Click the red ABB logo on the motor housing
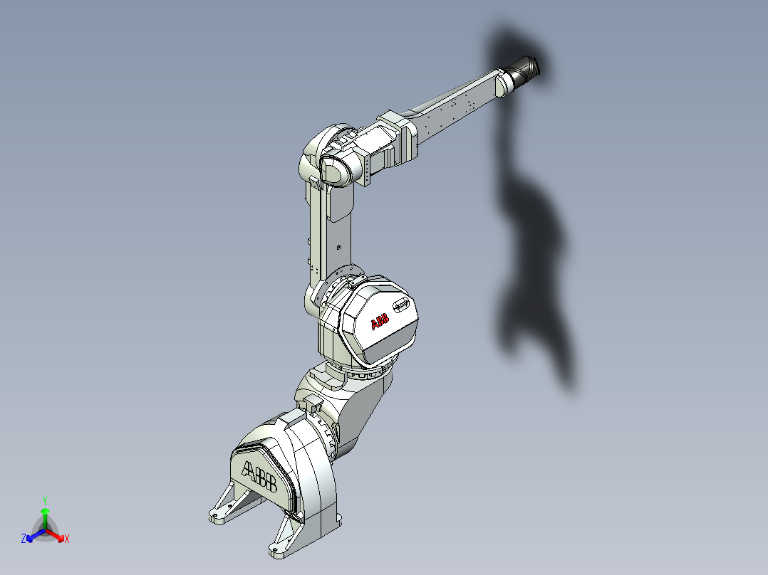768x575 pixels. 380,323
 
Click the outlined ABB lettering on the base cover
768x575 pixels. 259,476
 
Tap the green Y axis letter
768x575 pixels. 44,500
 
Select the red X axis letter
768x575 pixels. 67,539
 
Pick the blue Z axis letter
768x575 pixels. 24,539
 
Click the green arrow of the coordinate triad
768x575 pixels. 45,515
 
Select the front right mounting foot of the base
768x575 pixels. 282,541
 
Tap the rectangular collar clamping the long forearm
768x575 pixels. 397,135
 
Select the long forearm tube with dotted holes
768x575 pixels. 456,107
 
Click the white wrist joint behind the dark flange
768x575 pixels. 504,81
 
